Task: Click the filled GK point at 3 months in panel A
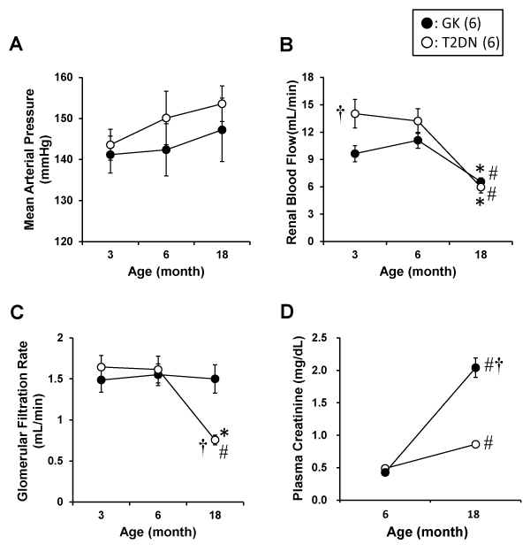(110, 155)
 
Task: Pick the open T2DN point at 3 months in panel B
(355, 113)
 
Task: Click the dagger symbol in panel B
(340, 111)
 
